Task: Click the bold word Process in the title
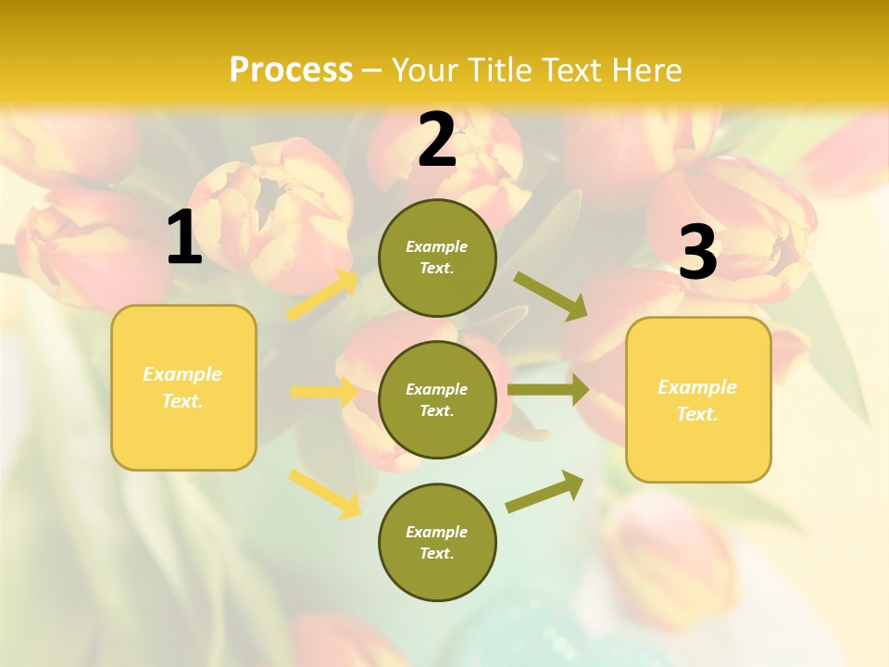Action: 291,70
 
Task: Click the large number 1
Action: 184,238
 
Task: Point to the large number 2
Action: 437,140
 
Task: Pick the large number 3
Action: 698,253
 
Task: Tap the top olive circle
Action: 437,258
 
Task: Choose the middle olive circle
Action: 437,400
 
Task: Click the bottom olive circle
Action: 437,543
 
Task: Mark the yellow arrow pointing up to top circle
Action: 322,296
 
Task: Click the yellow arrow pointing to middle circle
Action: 323,392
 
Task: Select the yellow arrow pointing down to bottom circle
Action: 325,494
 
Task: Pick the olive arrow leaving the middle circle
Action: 548,390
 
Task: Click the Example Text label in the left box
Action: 182,387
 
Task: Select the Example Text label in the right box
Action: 697,400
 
